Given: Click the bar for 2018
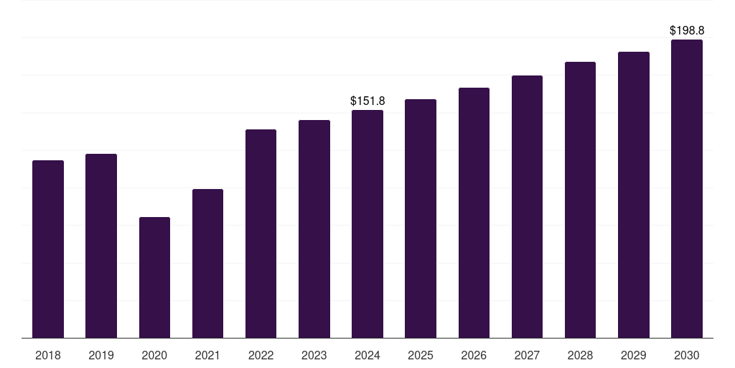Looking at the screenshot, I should (48, 249).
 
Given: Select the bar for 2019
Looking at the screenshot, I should (101, 246).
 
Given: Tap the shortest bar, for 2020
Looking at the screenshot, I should (154, 277).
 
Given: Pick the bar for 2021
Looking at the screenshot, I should (207, 263).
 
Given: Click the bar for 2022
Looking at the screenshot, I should (261, 234).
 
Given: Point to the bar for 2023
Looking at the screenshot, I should (314, 229).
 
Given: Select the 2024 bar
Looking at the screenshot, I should (367, 224).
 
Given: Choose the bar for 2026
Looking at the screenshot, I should (474, 213).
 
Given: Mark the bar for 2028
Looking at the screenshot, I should (580, 200).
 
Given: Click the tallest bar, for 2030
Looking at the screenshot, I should (687, 188).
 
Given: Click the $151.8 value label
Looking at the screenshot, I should (367, 101).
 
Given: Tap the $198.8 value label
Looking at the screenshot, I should (687, 31).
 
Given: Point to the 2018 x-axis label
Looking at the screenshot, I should (48, 355).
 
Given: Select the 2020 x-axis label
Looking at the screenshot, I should (154, 355).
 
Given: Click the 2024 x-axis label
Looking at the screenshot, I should (367, 355).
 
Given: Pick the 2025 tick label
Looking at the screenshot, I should (421, 355).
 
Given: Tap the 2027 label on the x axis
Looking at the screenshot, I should (527, 355).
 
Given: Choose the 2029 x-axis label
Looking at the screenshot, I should (633, 355).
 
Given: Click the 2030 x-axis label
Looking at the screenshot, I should (687, 355).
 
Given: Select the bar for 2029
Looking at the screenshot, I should (633, 195).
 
